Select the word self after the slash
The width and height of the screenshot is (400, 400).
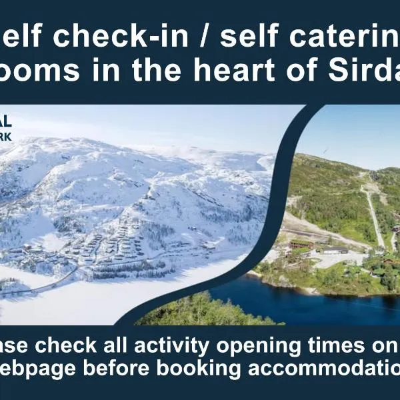(x=250, y=39)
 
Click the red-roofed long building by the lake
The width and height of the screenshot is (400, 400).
(x=301, y=245)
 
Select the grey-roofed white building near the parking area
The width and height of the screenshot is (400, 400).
(x=335, y=250)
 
